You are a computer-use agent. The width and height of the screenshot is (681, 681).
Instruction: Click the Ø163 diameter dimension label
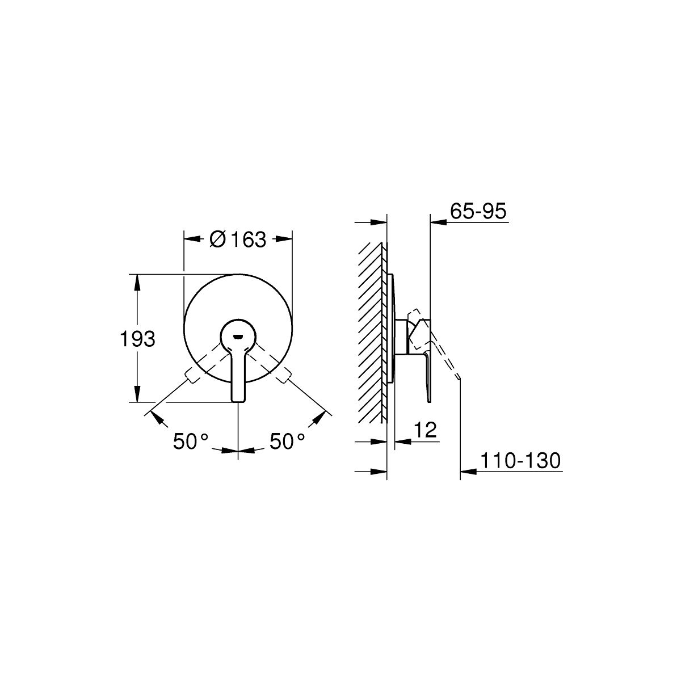point(237,239)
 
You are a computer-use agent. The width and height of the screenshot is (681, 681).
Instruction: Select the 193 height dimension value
point(137,339)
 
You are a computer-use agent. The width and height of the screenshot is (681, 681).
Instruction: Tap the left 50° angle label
point(191,442)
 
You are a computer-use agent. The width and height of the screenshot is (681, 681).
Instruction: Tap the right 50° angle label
point(287,442)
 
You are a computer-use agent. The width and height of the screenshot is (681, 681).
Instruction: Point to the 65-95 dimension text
point(478,211)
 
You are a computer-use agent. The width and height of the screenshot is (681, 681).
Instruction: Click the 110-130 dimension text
point(520,461)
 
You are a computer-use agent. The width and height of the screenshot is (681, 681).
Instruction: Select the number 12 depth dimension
point(425,430)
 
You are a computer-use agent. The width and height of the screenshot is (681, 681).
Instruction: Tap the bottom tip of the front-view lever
point(238,401)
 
